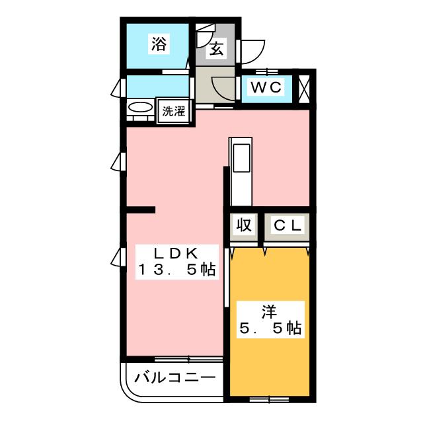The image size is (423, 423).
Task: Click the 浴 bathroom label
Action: (159, 44)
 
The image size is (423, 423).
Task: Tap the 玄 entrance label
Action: (216, 48)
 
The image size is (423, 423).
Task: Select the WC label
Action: (266, 87)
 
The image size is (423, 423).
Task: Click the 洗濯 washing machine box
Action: (174, 111)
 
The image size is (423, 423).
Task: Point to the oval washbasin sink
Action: (139, 108)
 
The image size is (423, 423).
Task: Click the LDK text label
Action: (176, 254)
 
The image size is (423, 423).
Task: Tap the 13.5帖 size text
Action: (177, 270)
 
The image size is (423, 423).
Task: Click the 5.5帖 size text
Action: (268, 328)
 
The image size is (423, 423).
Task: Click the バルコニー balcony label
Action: (174, 378)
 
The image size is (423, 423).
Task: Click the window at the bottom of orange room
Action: (268, 399)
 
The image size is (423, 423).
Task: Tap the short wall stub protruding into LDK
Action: (140, 210)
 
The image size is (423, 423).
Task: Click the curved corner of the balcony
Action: (130, 391)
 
